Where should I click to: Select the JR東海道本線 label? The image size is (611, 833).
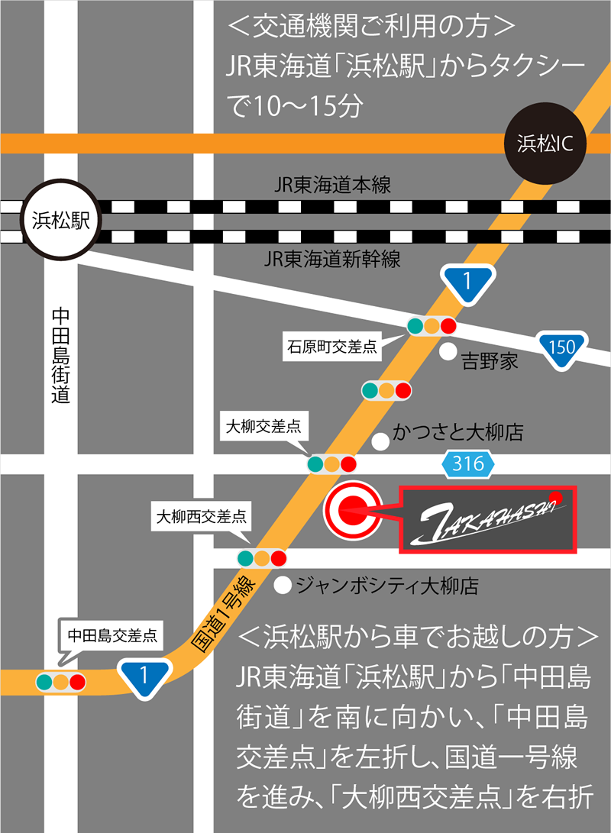(332, 186)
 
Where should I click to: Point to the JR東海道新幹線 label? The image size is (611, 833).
(332, 259)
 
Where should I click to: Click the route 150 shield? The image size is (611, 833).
(561, 347)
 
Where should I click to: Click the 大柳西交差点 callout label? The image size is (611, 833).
(201, 517)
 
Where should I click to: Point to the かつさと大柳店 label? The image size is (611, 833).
(457, 434)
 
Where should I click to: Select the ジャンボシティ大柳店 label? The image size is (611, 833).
(386, 586)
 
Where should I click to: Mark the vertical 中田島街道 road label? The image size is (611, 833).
(61, 355)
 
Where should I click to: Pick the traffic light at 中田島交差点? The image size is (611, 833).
(61, 680)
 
